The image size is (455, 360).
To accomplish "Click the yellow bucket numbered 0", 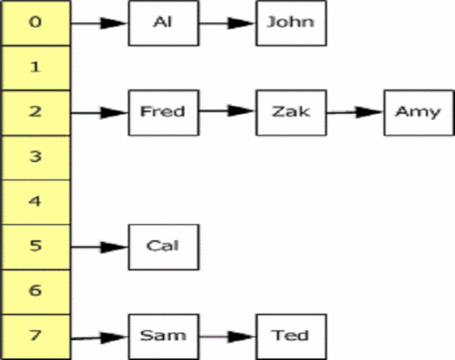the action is coord(36,23).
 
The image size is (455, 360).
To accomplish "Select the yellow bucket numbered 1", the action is coord(36,68).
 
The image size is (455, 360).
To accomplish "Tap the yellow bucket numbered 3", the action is coord(36,157).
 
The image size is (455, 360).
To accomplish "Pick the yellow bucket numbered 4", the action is coord(36,202).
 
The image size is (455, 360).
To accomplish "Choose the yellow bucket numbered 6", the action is coord(36,292).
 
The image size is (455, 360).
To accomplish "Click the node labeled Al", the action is coord(164,23).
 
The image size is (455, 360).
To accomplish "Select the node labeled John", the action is coord(291,23).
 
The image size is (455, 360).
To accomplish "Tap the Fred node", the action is coord(164,113).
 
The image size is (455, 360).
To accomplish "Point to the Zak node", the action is coord(291,113).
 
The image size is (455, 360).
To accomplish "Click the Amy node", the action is coord(419,113).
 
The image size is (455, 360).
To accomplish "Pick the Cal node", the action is coord(164,247).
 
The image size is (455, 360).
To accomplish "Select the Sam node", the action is coord(164,337).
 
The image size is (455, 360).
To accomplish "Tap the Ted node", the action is coord(291,337).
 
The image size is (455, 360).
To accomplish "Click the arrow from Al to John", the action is coord(227,23).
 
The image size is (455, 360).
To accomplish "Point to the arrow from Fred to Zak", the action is coord(227,110).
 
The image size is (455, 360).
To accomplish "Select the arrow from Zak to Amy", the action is coord(355,112).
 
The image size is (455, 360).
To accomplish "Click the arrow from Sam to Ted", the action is coord(227,337).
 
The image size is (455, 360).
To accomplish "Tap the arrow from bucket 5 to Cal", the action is coord(99,247).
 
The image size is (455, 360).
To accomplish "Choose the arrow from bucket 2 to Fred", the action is coord(99,113).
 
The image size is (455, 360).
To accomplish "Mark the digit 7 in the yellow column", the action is coord(36,335).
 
